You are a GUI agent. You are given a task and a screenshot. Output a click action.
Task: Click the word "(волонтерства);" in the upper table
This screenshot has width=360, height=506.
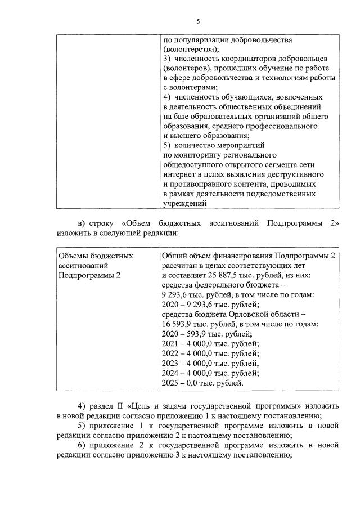[x=189, y=49]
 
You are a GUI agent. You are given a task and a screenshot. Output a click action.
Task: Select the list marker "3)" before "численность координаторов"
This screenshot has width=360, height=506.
[x=166, y=59]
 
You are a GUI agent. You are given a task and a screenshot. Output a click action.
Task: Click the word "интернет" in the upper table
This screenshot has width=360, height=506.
[x=178, y=174]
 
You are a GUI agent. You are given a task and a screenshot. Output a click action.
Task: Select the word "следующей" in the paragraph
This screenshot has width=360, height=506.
[x=127, y=232]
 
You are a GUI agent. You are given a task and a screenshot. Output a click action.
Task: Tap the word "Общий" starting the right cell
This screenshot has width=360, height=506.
[x=174, y=256]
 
